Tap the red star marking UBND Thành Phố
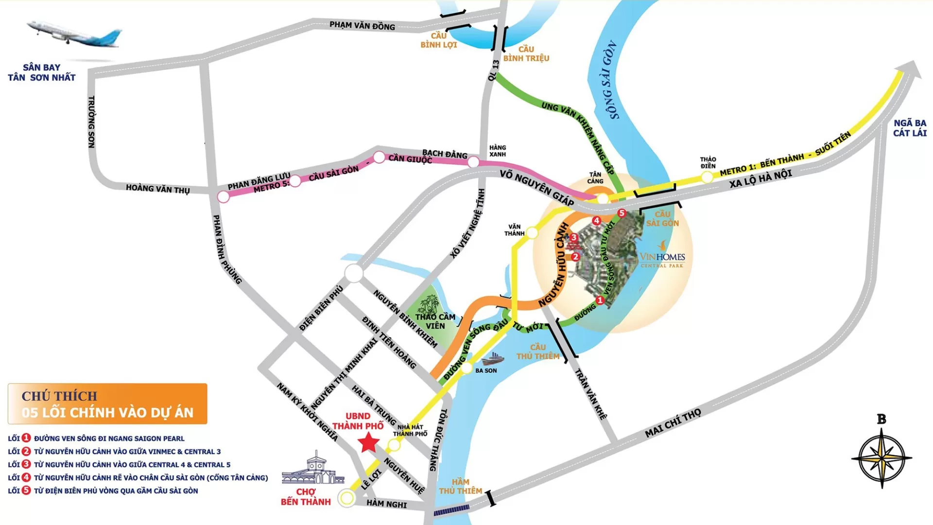(368, 443)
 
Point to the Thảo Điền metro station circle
(707, 177)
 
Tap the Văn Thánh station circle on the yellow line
(532, 233)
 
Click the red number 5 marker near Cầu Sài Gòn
(622, 213)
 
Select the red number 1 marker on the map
(600, 300)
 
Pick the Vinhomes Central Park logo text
(662, 258)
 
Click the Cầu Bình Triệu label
(526, 54)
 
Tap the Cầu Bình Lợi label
(438, 40)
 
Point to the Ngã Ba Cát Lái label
(910, 128)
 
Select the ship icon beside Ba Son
(493, 359)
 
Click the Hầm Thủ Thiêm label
(460, 486)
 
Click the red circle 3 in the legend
(26, 464)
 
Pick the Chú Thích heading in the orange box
(59, 396)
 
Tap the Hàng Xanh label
(497, 151)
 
